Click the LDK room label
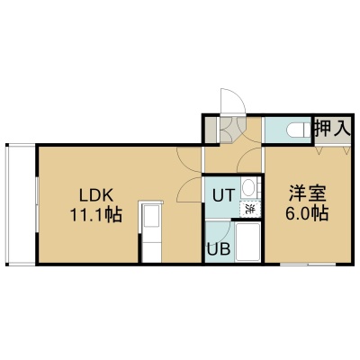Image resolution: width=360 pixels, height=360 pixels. click(96, 196)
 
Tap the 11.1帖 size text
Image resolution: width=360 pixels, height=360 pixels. click(96, 215)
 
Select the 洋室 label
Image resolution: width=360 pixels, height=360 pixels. click(308, 193)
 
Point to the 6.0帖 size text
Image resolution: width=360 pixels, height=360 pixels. click(307, 213)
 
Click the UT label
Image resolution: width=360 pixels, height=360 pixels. click(223, 195)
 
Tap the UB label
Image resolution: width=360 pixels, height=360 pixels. click(220, 248)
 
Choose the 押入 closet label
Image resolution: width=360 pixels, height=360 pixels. click(332, 128)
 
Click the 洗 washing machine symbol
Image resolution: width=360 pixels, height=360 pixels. click(249, 209)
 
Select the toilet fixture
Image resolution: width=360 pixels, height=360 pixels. click(299, 130)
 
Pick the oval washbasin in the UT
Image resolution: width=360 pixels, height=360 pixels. click(248, 188)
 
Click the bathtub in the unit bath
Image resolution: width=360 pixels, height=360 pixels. click(247, 242)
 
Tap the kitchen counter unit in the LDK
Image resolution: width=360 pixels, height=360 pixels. click(151, 232)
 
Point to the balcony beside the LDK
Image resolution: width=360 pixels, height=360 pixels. click(22, 204)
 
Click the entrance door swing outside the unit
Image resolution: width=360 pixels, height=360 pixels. click(233, 101)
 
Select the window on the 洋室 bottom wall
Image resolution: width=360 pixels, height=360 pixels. click(308, 265)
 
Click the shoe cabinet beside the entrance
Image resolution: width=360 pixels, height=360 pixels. click(210, 130)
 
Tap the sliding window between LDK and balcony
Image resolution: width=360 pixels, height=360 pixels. click(37, 205)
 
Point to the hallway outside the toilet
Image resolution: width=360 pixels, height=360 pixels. click(233, 159)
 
